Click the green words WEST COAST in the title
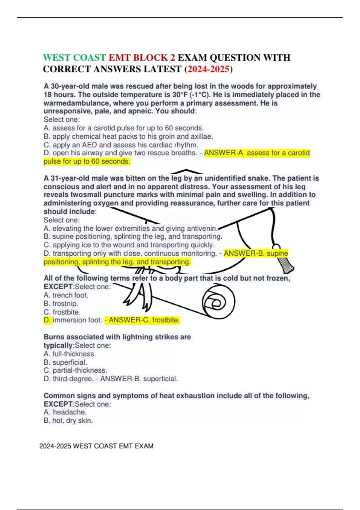(74, 58)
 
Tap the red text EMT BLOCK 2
(142, 58)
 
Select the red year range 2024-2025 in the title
(208, 69)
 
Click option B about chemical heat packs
(128, 136)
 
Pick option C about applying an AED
(121, 145)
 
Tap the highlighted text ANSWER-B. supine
(256, 253)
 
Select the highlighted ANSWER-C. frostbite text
(142, 320)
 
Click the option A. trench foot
(66, 295)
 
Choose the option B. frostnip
(61, 304)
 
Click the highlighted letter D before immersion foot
(47, 320)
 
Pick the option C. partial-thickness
(75, 370)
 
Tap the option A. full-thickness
(70, 354)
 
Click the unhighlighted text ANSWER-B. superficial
(139, 379)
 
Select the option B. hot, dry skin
(68, 421)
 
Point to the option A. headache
(65, 412)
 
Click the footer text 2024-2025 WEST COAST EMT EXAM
(96, 446)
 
